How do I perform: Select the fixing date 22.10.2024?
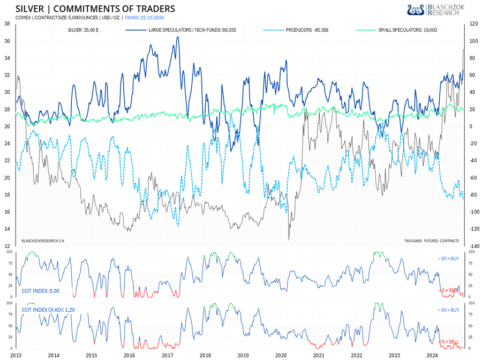pyautogui.click(x=142, y=17)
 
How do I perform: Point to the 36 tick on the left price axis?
pyautogui.click(x=6, y=41)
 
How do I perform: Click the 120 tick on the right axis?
pyautogui.click(x=473, y=24)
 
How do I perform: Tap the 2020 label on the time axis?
pyautogui.click(x=281, y=355)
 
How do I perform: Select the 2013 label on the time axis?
pyautogui.click(x=16, y=355)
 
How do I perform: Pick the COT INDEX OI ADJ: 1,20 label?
pyautogui.click(x=51, y=310)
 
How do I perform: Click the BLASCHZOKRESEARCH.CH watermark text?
pyautogui.click(x=43, y=241)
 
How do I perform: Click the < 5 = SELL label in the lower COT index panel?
pyautogui.click(x=448, y=341)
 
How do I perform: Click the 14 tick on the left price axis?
pyautogui.click(x=6, y=229)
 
